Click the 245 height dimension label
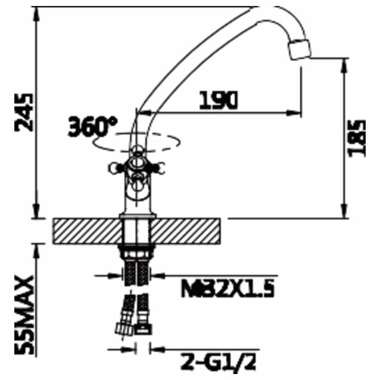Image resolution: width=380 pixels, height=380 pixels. click(x=24, y=112)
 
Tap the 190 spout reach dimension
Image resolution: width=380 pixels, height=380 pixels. click(x=218, y=100)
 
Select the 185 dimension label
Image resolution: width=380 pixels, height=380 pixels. click(x=356, y=139)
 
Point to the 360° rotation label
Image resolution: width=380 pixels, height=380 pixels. click(x=93, y=127)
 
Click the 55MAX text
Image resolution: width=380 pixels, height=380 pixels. click(x=24, y=315)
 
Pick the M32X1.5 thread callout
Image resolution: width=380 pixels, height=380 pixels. click(x=228, y=288)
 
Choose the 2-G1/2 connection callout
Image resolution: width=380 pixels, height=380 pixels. click(x=218, y=362)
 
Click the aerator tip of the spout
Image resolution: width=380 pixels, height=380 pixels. click(x=299, y=50)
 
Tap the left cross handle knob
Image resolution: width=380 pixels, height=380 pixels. click(x=114, y=168)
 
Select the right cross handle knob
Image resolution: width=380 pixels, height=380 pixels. click(x=159, y=168)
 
